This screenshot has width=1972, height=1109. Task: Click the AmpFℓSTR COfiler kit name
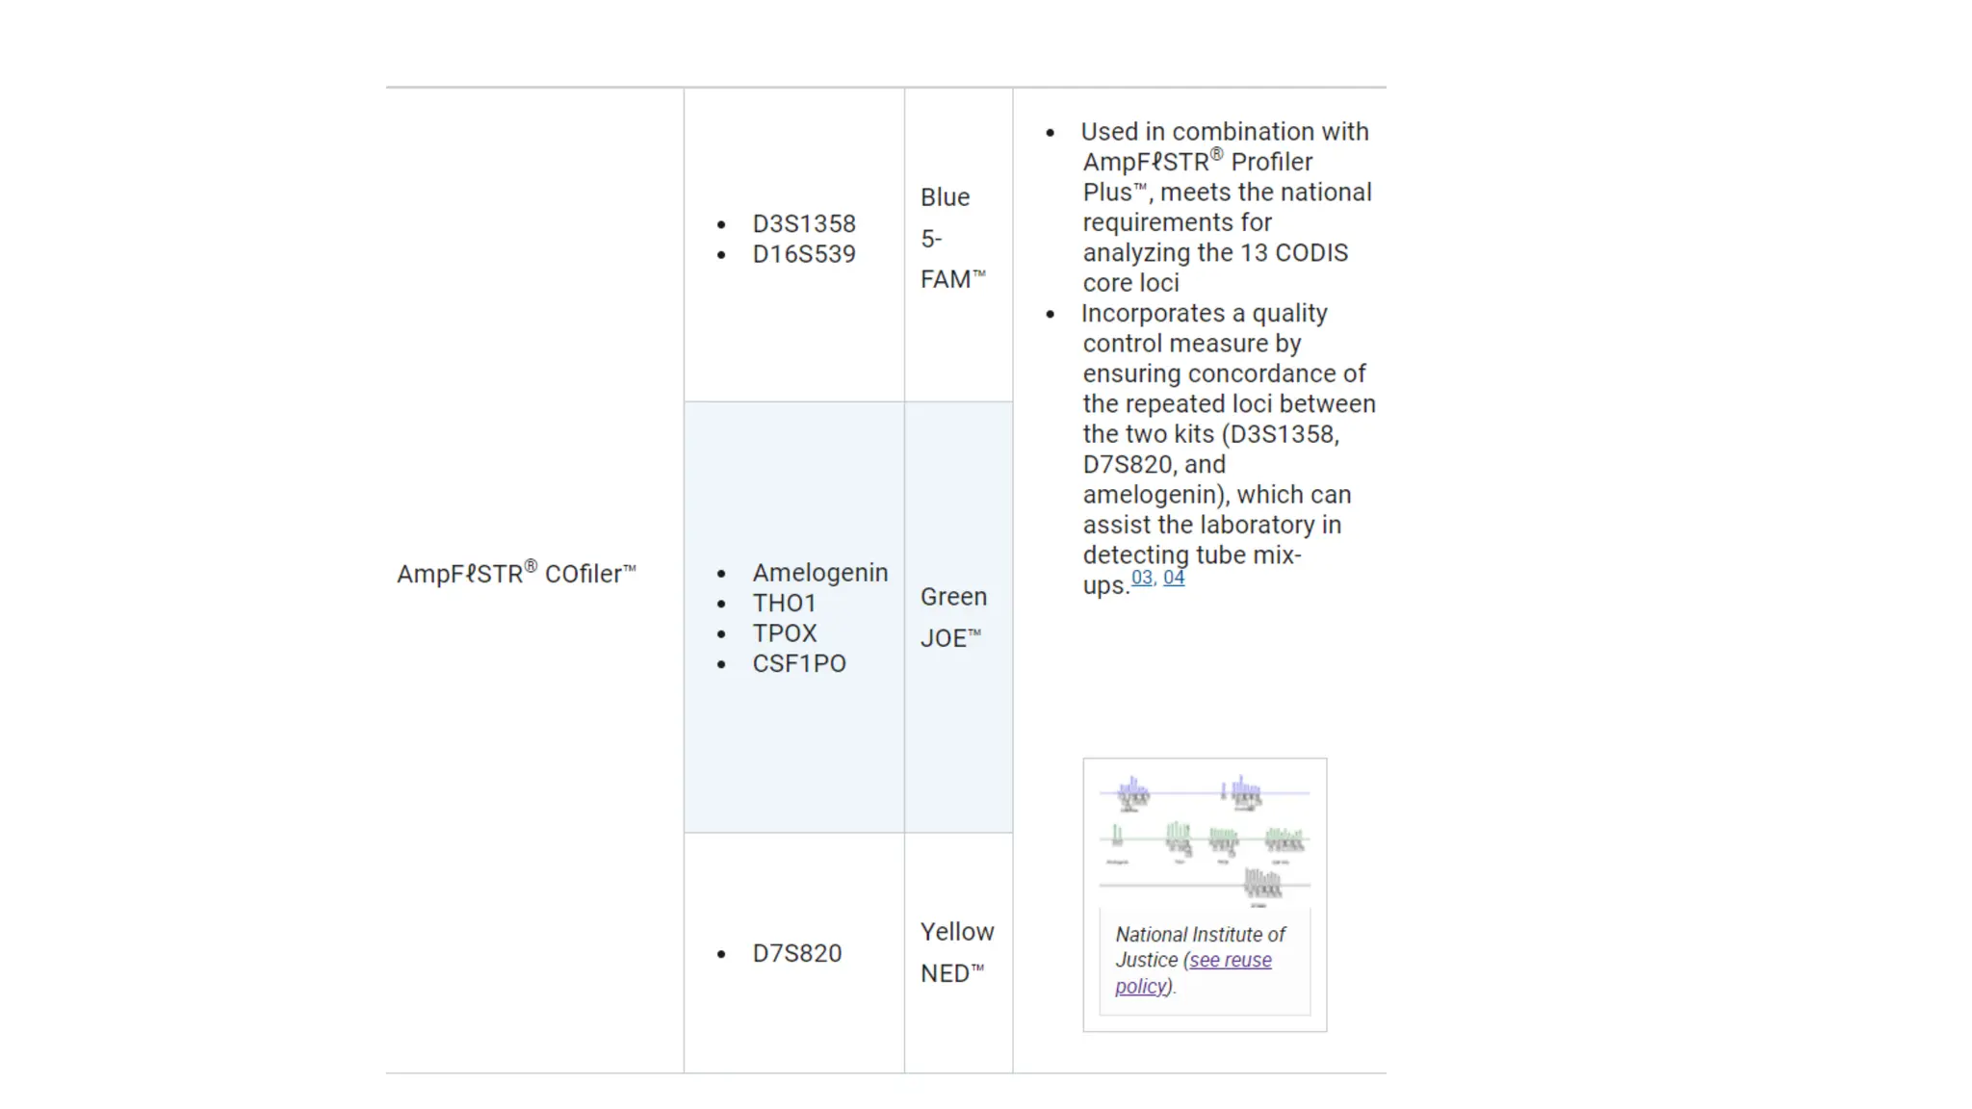coord(516,574)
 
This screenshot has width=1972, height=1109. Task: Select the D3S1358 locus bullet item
coord(803,224)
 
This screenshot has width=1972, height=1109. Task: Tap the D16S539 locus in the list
coord(803,254)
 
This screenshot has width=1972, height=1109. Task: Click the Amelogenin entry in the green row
coord(819,573)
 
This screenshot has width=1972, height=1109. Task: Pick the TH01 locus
coord(784,604)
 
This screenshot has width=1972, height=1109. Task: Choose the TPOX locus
coord(784,633)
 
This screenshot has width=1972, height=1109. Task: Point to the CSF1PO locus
coord(798,663)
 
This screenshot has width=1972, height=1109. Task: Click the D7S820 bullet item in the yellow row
coord(796,953)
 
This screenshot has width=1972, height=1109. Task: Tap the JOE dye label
coord(949,638)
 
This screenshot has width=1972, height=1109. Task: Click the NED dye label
coord(951,973)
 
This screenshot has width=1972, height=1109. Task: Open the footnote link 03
coord(1142,578)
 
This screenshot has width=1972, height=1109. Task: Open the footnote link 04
coord(1174,578)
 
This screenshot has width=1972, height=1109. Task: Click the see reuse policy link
coord(1230,961)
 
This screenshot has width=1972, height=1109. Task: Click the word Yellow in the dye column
coord(956,932)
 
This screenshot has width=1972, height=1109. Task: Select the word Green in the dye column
coord(953,597)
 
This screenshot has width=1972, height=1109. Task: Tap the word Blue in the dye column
coord(945,197)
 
